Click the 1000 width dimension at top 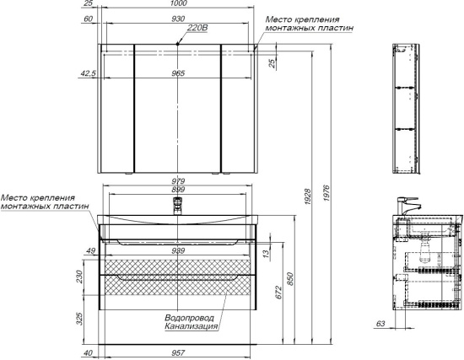[179, 3]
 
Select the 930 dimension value [178, 19]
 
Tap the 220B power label [197, 28]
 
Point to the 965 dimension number [178, 73]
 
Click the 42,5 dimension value [89, 73]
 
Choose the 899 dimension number [178, 190]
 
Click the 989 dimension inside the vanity [178, 251]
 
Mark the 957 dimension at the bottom [178, 353]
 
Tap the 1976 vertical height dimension [326, 193]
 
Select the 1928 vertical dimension [307, 196]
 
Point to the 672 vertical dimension [278, 293]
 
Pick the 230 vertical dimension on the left [79, 277]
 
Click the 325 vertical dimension [79, 319]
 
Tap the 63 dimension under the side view [380, 324]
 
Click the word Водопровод [189, 318]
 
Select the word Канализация [192, 326]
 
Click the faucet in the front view [177, 206]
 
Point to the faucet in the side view [407, 207]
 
